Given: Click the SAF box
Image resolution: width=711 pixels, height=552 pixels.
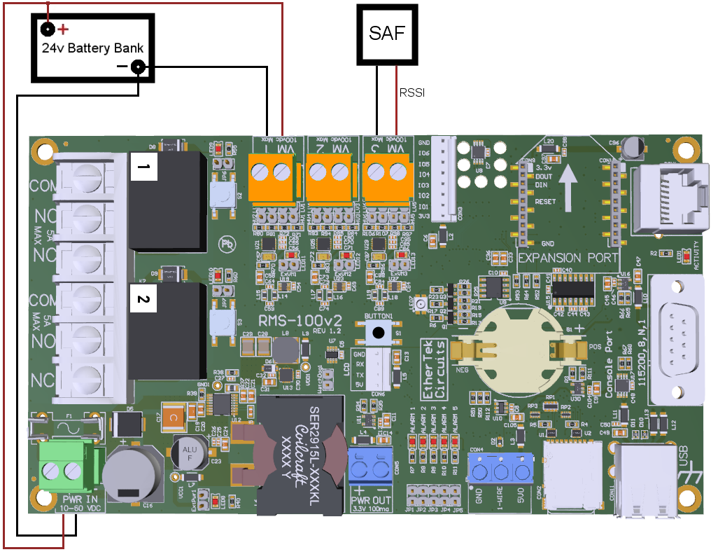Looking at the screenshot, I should click(387, 33).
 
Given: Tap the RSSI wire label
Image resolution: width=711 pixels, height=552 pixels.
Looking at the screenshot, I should click(411, 92).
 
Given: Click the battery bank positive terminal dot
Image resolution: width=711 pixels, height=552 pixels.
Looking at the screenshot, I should click(47, 29).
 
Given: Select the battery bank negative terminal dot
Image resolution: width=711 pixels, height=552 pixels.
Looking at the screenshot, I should click(139, 67).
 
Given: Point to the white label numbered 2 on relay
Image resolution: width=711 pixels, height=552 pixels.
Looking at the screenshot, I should click(143, 300).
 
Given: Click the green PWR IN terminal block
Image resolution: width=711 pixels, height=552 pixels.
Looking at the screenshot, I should click(64, 469).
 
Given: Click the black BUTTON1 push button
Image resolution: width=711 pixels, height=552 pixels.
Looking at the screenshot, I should click(379, 334).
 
